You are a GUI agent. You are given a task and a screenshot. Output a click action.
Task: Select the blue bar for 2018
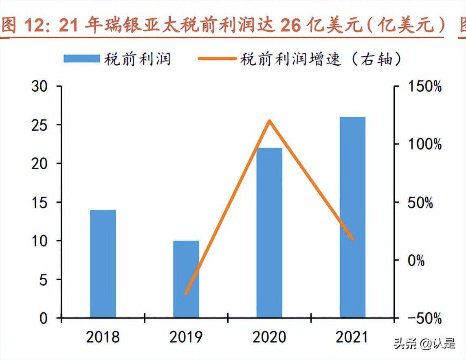point(103,263)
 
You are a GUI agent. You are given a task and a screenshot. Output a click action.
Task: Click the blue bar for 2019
point(186,279)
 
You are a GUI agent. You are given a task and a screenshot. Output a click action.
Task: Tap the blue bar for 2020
point(269,233)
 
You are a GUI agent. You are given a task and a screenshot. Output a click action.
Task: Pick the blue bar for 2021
point(352,217)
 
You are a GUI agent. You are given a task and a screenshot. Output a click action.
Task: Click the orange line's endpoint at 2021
point(352,239)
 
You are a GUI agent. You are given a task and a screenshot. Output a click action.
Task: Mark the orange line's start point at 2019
point(186,293)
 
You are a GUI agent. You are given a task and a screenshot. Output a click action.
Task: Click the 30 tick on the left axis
point(40,86)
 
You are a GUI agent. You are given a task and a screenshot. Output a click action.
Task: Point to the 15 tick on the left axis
point(40,202)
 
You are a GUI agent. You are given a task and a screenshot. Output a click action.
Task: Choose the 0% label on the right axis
point(416,260)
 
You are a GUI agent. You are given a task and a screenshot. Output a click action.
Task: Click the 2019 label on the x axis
point(186,337)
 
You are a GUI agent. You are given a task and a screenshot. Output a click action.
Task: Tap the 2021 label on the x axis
point(352,337)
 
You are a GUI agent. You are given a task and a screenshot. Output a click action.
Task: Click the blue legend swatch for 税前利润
point(81,59)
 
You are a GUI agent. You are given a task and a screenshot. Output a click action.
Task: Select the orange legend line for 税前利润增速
point(217,59)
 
